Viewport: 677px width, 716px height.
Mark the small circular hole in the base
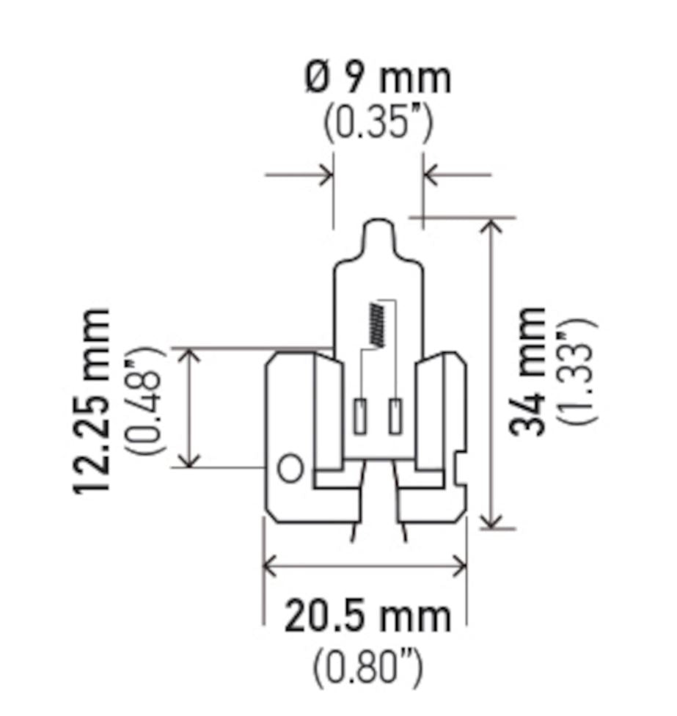[x=291, y=468]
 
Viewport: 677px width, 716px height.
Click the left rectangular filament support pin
[x=360, y=416]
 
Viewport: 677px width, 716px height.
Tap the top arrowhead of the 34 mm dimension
[x=492, y=224]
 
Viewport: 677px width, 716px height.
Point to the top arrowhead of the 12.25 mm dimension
[x=190, y=354]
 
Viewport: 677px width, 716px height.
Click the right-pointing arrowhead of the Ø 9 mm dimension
[x=326, y=175]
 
